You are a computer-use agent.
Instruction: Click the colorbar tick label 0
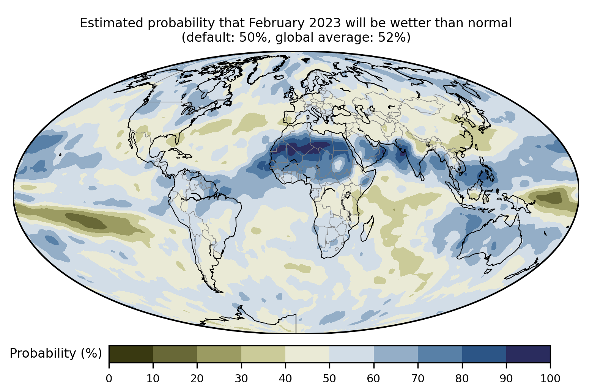(x=109, y=378)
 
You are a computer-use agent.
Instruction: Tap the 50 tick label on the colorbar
(x=329, y=378)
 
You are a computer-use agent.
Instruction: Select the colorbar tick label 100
(x=550, y=378)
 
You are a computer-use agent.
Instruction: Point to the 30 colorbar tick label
(x=241, y=378)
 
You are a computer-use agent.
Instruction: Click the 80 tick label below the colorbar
(x=462, y=378)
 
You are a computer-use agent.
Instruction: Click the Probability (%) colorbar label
(x=56, y=353)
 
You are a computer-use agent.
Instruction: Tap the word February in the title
(x=277, y=23)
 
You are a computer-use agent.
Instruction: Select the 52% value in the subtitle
(x=391, y=37)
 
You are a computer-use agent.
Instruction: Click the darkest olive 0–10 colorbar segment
(x=131, y=354)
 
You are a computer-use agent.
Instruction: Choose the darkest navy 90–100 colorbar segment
(x=528, y=354)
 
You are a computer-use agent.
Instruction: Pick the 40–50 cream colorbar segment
(x=307, y=354)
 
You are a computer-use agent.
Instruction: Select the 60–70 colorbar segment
(x=396, y=354)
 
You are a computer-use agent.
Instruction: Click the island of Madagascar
(x=367, y=229)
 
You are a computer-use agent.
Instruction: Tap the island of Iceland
(x=279, y=77)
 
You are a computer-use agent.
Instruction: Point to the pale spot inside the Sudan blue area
(x=338, y=165)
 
